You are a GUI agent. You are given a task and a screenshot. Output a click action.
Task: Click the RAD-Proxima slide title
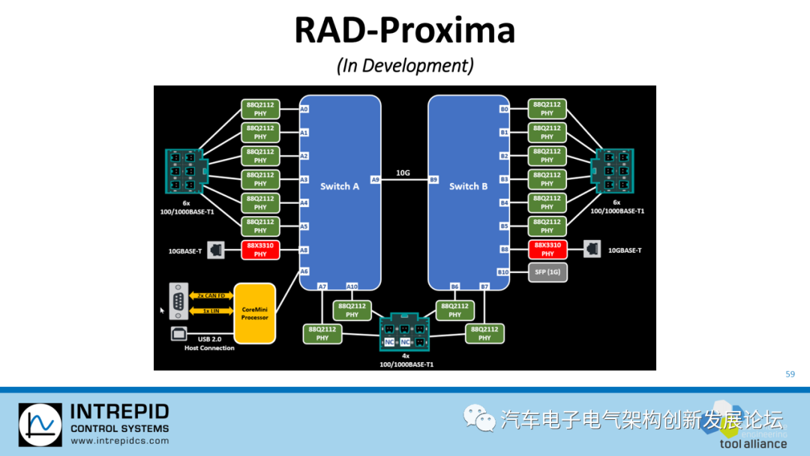(x=404, y=31)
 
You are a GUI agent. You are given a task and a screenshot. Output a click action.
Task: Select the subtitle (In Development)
(x=405, y=65)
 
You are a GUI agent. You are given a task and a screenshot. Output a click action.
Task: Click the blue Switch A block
(x=340, y=187)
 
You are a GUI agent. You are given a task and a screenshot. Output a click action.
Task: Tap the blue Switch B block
(x=468, y=187)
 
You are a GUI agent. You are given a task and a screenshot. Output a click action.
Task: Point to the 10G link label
(x=403, y=173)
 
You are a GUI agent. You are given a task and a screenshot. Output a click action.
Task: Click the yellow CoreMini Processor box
(x=254, y=313)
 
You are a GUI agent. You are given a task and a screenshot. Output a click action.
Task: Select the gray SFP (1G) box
(x=547, y=272)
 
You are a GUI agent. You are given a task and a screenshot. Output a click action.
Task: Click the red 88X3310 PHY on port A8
(x=260, y=250)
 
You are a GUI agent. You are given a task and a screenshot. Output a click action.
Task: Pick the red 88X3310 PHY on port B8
(x=547, y=250)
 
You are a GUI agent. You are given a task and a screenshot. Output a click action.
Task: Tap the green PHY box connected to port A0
(x=260, y=109)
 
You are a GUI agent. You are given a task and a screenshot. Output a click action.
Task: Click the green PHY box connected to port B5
(x=547, y=226)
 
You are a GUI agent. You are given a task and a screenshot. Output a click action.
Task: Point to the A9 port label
(x=375, y=180)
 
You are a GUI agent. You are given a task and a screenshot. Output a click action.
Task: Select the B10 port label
(x=503, y=272)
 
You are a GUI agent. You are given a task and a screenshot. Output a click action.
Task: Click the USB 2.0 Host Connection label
(x=209, y=344)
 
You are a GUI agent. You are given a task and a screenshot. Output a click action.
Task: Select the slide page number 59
(x=790, y=374)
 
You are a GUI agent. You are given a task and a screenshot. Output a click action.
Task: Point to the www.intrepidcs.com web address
(x=119, y=441)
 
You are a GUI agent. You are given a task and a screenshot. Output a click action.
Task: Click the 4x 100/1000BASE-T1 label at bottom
(x=405, y=361)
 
